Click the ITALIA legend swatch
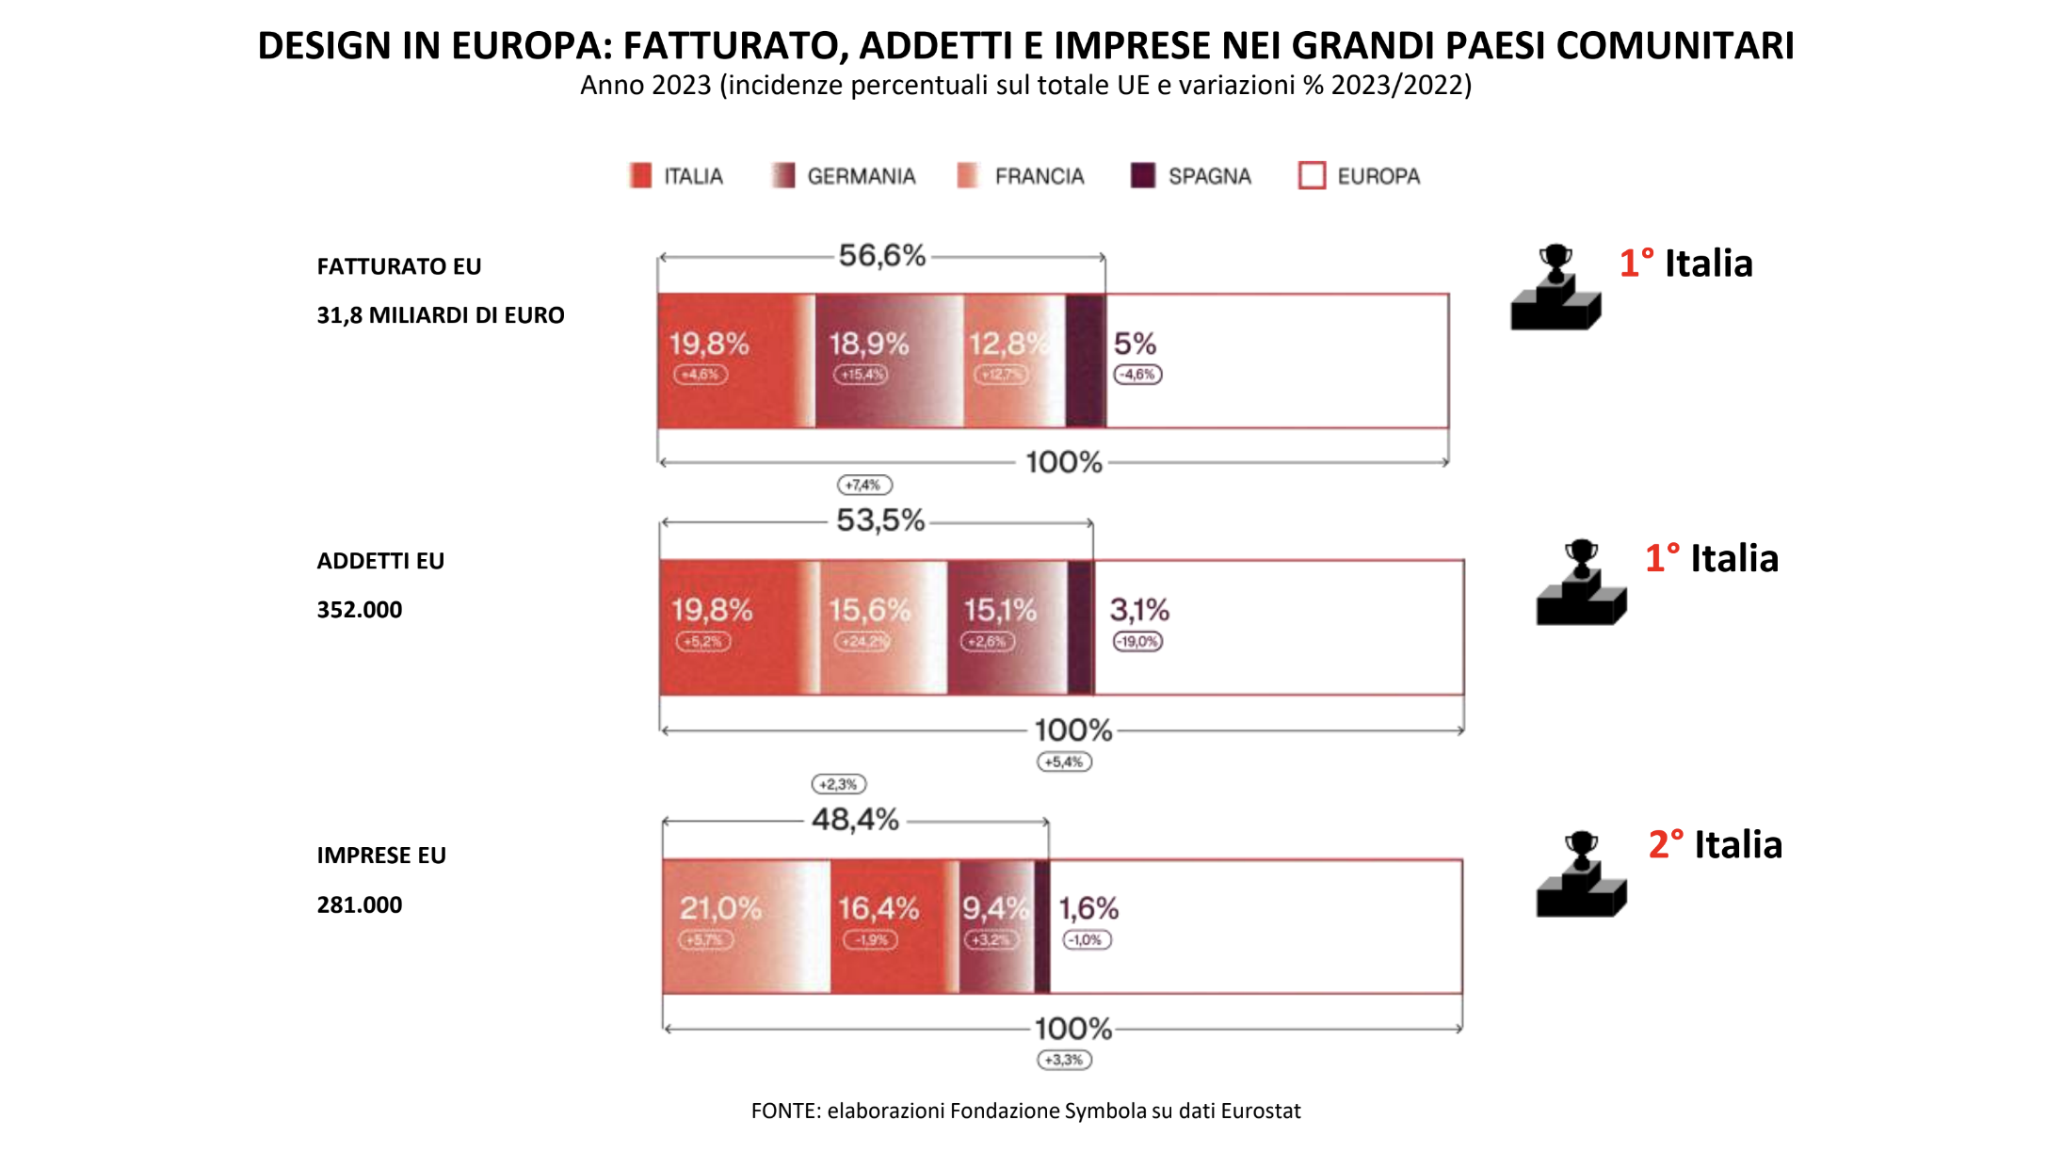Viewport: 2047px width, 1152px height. (x=640, y=176)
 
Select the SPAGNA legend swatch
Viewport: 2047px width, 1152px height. (x=1142, y=176)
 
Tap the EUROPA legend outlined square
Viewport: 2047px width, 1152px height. (x=1312, y=176)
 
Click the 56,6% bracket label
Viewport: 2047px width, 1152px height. (x=882, y=255)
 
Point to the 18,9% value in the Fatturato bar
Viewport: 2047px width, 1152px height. (x=868, y=344)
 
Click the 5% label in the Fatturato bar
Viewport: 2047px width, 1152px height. (x=1135, y=344)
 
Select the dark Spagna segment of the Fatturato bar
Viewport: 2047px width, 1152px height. (x=1086, y=360)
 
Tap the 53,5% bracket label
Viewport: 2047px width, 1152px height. (x=880, y=520)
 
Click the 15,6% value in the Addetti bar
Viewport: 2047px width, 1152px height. (x=869, y=610)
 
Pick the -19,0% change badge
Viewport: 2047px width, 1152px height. (x=1137, y=642)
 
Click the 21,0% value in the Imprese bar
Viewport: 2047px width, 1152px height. (x=720, y=908)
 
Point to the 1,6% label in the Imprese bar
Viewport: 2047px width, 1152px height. (x=1088, y=908)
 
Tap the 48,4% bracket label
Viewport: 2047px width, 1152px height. (x=855, y=820)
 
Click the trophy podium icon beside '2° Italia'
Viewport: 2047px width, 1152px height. (x=1581, y=874)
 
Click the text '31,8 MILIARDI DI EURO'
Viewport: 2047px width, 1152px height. (x=440, y=315)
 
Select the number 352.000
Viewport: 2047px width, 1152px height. (x=359, y=610)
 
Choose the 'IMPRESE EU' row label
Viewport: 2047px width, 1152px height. (x=380, y=856)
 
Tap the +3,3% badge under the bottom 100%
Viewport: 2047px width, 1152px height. (x=1064, y=1061)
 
